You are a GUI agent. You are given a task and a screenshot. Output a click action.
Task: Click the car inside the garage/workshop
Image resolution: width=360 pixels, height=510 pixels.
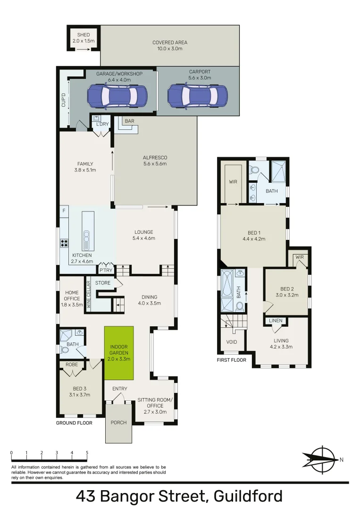pyautogui.click(x=117, y=96)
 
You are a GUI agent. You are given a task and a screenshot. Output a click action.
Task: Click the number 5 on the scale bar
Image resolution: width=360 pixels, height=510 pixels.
pyautogui.click(x=87, y=453)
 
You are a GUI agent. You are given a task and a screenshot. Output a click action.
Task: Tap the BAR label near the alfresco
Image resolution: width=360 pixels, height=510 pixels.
pyautogui.click(x=129, y=121)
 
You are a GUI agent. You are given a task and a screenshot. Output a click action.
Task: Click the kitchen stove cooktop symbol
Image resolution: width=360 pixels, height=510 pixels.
pyautogui.click(x=64, y=244)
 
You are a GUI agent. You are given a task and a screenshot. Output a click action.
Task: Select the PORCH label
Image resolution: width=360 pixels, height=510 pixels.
pyautogui.click(x=118, y=422)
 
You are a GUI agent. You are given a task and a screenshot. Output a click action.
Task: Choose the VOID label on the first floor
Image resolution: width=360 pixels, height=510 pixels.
pyautogui.click(x=232, y=342)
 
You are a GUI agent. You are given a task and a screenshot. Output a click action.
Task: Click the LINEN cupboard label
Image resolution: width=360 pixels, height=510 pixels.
pyautogui.click(x=276, y=321)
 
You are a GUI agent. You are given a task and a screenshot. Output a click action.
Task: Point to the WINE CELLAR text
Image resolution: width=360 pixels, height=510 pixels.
pyautogui.click(x=88, y=294)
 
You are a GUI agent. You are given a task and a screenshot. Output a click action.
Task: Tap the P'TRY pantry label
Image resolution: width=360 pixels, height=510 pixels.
pyautogui.click(x=106, y=270)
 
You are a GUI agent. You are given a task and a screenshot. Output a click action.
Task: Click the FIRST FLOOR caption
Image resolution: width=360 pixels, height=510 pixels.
pyautogui.click(x=232, y=360)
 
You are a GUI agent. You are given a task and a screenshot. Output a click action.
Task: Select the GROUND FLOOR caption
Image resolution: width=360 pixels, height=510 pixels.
pyautogui.click(x=74, y=423)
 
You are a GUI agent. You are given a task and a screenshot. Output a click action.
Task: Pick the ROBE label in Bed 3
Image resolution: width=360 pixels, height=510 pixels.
pyautogui.click(x=72, y=365)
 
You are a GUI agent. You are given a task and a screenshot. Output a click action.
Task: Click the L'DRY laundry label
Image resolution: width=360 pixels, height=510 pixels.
pyautogui.click(x=103, y=125)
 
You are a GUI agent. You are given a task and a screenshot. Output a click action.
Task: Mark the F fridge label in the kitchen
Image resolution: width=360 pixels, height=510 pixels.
pyautogui.click(x=63, y=211)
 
